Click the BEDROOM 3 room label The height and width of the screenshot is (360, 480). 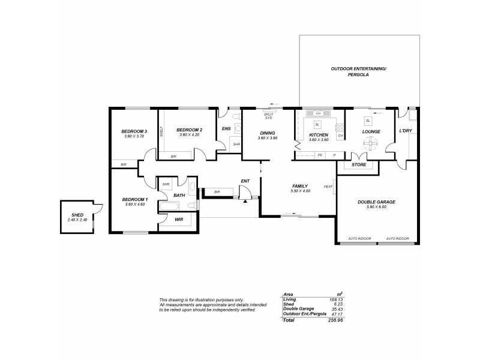(x=134, y=131)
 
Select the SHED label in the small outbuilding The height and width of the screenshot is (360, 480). (x=77, y=215)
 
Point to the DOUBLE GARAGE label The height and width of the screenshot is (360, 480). (x=376, y=202)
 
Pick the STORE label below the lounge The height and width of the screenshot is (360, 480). (x=359, y=164)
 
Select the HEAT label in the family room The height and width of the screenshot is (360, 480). (x=328, y=187)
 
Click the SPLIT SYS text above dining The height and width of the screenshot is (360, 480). (x=268, y=116)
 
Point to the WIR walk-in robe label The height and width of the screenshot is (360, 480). (x=179, y=220)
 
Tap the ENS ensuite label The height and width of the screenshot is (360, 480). (x=226, y=128)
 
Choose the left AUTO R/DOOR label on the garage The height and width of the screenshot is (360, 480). (x=360, y=238)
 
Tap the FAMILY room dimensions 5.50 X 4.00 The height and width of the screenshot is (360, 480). (x=300, y=191)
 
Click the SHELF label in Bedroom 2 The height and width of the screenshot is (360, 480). (x=161, y=132)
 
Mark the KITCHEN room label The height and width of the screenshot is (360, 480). (x=318, y=136)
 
